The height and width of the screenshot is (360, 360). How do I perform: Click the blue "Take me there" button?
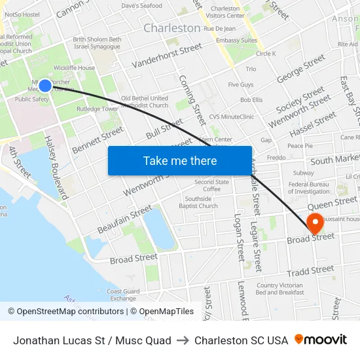180,160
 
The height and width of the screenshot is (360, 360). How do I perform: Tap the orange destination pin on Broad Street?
315,223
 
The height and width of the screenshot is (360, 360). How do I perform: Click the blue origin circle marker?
45,85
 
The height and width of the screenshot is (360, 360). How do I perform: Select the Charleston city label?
171,28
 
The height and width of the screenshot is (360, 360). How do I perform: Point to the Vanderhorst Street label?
167,56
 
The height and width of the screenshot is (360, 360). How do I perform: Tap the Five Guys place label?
240,85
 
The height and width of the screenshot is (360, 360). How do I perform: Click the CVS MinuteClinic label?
231,117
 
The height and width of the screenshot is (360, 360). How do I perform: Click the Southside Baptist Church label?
198,202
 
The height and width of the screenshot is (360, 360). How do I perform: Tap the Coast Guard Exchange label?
123,295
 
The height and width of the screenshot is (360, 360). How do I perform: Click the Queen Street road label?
336,202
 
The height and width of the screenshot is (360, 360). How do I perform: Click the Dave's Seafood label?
141,6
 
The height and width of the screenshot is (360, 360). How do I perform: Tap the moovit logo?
321,340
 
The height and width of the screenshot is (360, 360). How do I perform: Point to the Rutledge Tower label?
97,109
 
